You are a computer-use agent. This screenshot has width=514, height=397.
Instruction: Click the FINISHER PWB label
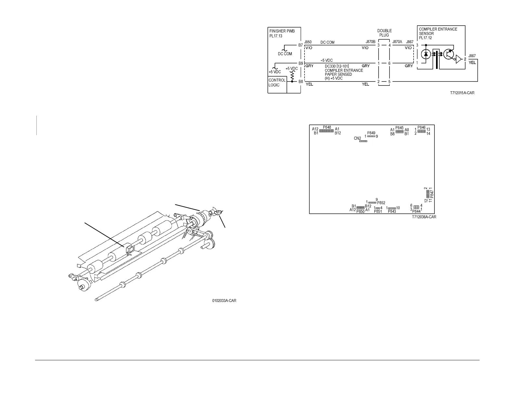point(282,31)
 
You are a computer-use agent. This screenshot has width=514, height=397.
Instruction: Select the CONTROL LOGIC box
point(277,83)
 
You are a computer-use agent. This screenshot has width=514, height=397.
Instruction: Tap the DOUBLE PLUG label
point(384,33)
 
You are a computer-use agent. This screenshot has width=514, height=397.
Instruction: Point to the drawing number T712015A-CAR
point(462,93)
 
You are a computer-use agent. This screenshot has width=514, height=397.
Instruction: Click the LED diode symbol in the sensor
point(426,54)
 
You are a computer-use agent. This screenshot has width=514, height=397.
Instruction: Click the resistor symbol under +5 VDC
point(292,76)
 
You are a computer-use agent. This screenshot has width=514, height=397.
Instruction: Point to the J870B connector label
point(370,42)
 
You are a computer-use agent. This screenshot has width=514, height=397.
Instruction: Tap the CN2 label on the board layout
point(357,138)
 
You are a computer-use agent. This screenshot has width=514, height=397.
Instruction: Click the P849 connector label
point(371,133)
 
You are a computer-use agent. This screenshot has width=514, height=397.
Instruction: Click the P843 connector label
point(392,211)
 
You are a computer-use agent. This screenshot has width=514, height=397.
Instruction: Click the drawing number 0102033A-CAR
point(224,301)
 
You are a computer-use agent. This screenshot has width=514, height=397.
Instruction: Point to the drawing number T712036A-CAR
point(424,217)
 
